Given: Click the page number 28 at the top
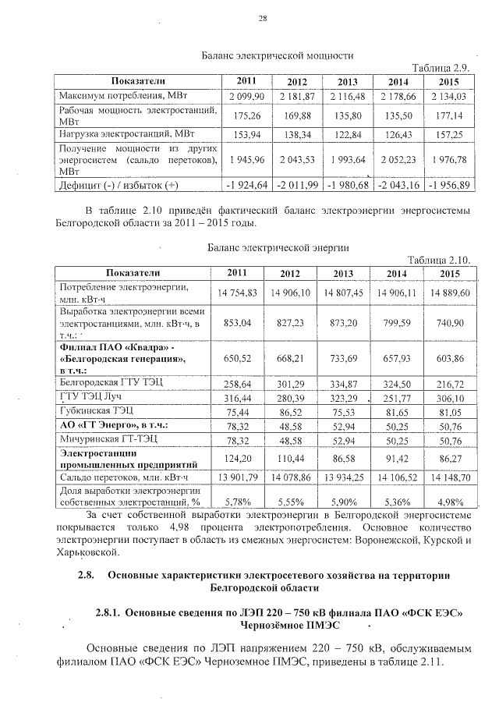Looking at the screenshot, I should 263,19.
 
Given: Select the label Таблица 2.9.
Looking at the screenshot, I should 443,68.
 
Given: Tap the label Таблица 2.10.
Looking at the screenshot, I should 441,259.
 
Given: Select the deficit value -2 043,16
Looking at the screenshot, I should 398,185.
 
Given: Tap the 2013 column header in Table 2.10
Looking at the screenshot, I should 343,273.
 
